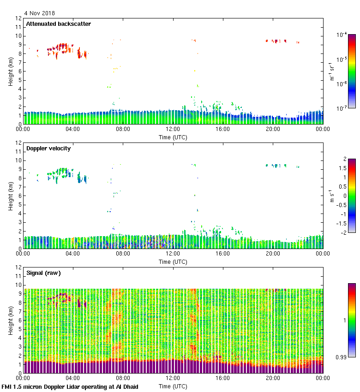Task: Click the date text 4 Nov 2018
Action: point(39,13)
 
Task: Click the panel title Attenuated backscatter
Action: point(58,24)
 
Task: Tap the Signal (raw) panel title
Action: point(43,273)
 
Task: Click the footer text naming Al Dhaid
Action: point(70,386)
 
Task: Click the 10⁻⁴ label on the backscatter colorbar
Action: point(342,35)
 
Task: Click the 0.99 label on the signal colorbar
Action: point(342,356)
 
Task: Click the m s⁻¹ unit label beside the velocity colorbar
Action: point(331,196)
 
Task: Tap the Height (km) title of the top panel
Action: point(10,71)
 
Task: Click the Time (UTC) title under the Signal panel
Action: point(173,386)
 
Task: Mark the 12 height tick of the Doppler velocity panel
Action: point(19,143)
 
